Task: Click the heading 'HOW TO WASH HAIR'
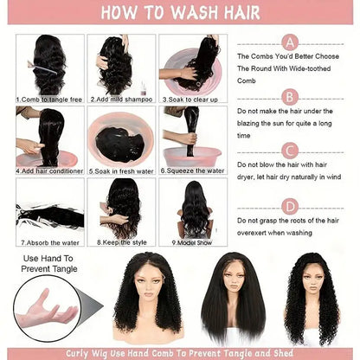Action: point(179,15)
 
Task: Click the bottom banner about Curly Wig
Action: point(179,352)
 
